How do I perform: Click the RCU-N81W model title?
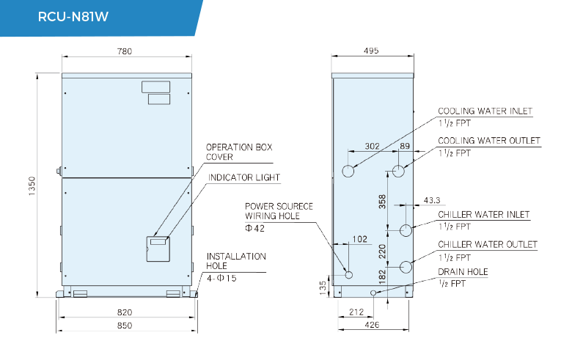pyautogui.click(x=73, y=17)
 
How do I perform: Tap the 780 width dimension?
pyautogui.click(x=125, y=51)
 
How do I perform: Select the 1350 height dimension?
pyautogui.click(x=32, y=185)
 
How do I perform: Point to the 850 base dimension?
pyautogui.click(x=125, y=326)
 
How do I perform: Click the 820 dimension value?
pyautogui.click(x=125, y=312)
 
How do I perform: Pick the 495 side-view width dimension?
pyautogui.click(x=371, y=51)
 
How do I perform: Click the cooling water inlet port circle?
pyautogui.click(x=348, y=171)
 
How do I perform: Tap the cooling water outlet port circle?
pyautogui.click(x=399, y=171)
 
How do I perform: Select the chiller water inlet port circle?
pyautogui.click(x=406, y=230)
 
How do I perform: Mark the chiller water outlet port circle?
pyautogui.click(x=406, y=267)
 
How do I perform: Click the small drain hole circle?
pyautogui.click(x=373, y=293)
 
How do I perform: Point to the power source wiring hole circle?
pyautogui.click(x=349, y=275)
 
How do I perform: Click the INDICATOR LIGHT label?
pyautogui.click(x=244, y=178)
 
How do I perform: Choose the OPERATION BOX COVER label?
pyautogui.click(x=239, y=152)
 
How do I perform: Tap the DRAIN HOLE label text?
pyautogui.click(x=463, y=272)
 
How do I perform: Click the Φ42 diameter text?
pyautogui.click(x=254, y=228)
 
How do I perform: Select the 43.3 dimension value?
pyautogui.click(x=432, y=200)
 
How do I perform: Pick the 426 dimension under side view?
pyautogui.click(x=372, y=325)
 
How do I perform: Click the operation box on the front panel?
pyautogui.click(x=158, y=249)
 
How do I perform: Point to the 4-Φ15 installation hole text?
pyautogui.click(x=221, y=278)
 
